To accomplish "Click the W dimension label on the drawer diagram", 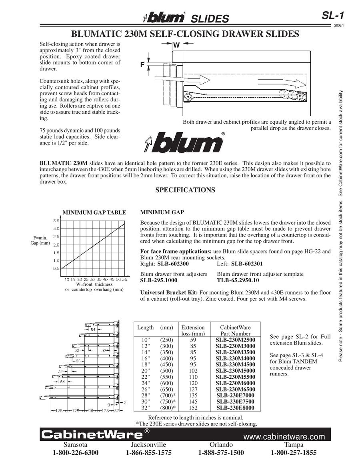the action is click(x=176, y=46).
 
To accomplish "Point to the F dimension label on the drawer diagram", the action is click(x=142, y=64).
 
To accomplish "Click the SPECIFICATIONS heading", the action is click(x=185, y=190).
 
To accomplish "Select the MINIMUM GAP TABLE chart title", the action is click(x=94, y=213).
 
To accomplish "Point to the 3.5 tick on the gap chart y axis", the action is click(x=56, y=221).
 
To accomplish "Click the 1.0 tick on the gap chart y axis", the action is click(x=56, y=261).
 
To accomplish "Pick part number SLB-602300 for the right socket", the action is click(x=173, y=264).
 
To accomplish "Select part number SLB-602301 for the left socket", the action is click(x=247, y=264).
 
